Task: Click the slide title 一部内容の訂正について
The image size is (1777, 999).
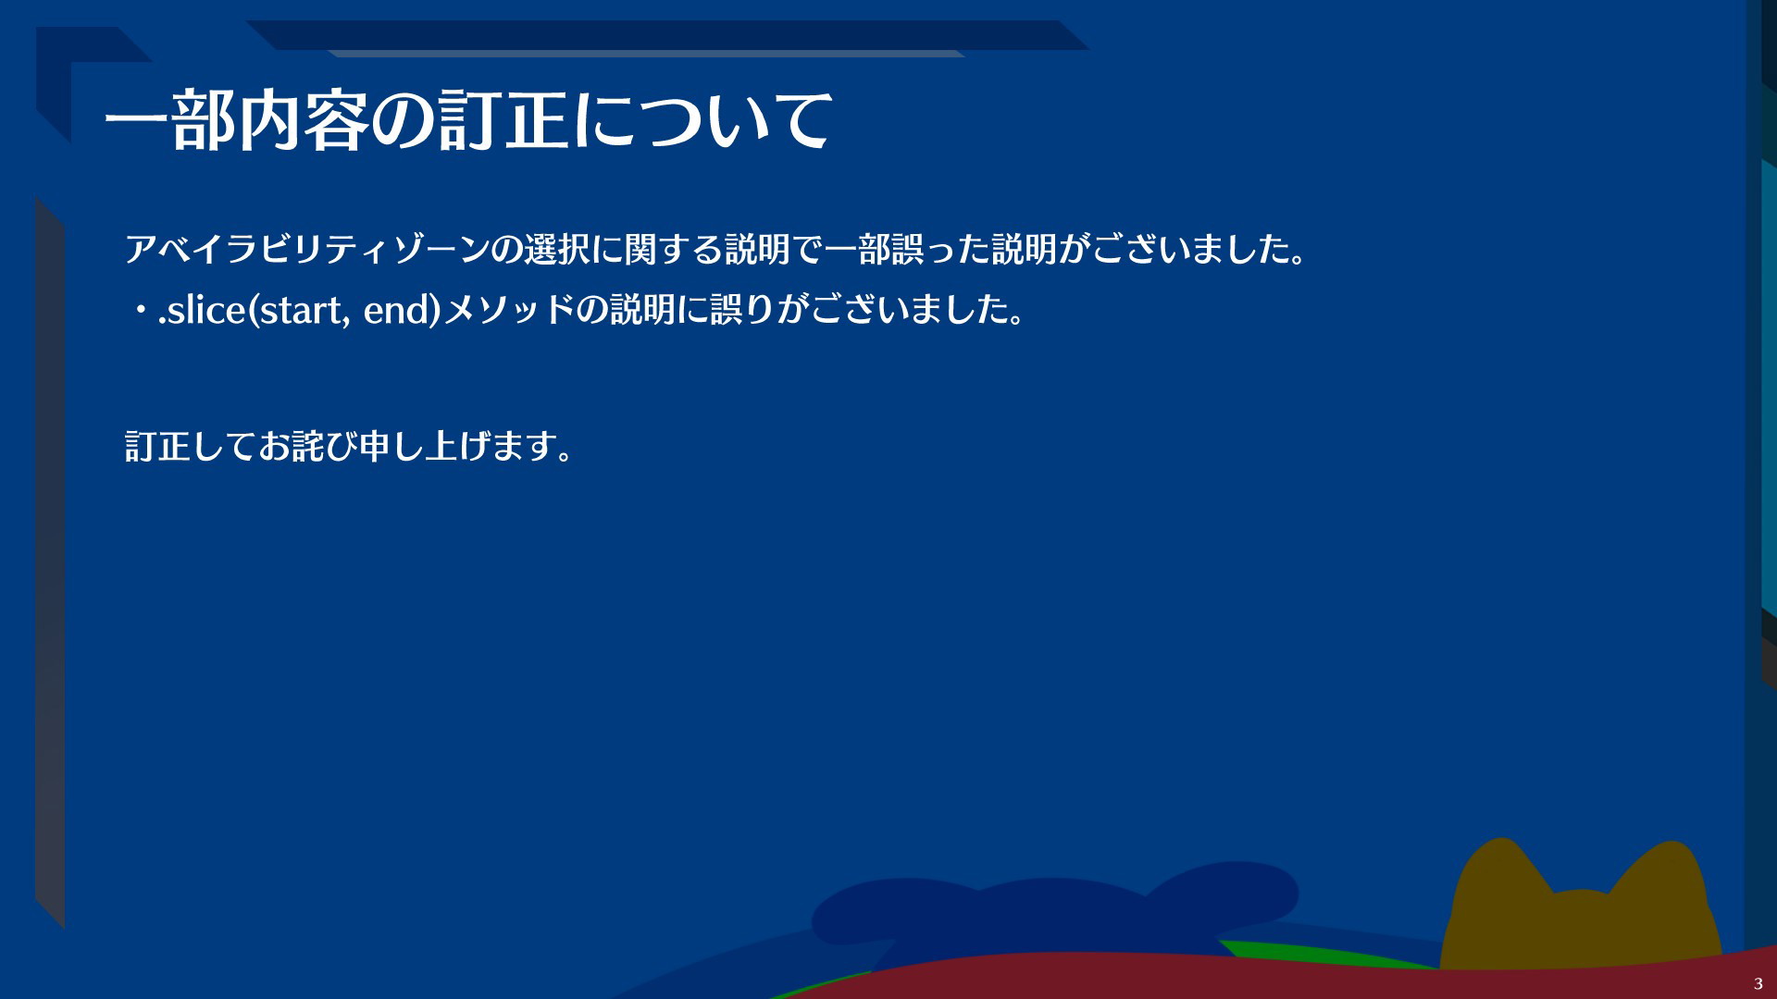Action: (x=468, y=120)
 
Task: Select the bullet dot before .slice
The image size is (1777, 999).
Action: (x=141, y=312)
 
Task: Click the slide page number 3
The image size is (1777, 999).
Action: (x=1758, y=983)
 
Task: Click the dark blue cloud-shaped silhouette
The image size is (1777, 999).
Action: (x=1055, y=911)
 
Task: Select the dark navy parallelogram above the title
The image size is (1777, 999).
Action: (x=666, y=35)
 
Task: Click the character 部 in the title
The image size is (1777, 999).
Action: (x=204, y=120)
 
